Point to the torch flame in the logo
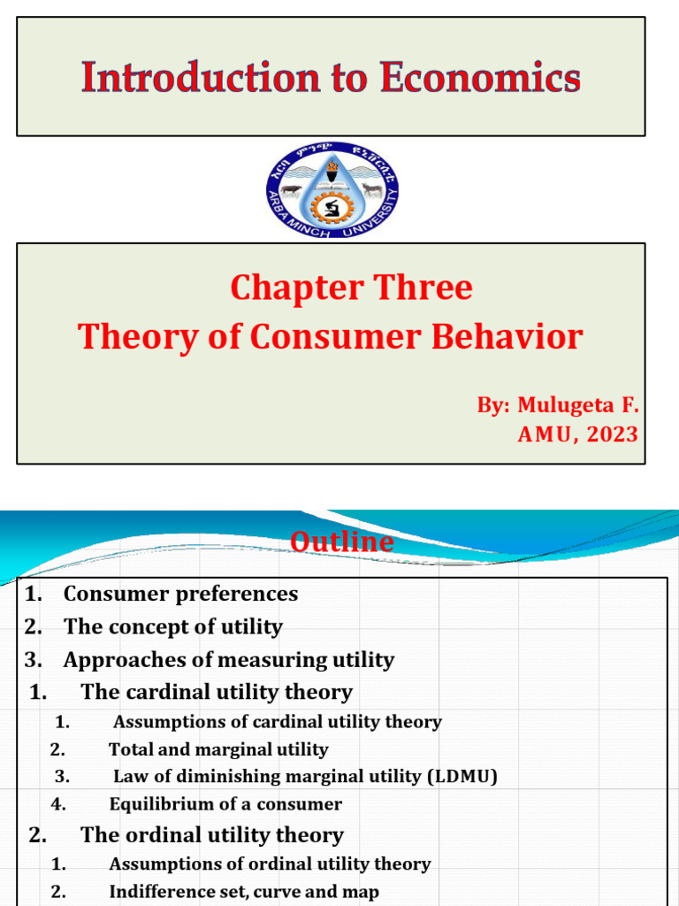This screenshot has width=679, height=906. (x=332, y=167)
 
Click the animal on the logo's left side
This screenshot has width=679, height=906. (x=293, y=190)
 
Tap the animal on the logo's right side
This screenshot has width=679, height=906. (x=372, y=189)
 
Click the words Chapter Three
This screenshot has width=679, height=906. (x=351, y=288)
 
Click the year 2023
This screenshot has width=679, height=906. (x=611, y=434)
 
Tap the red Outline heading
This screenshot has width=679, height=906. (x=343, y=541)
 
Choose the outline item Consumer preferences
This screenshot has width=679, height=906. (x=180, y=594)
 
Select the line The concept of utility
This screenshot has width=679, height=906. (x=172, y=627)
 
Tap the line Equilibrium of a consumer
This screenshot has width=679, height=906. (x=225, y=804)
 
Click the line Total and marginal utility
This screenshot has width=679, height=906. (x=217, y=749)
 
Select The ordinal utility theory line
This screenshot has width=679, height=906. (x=211, y=834)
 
